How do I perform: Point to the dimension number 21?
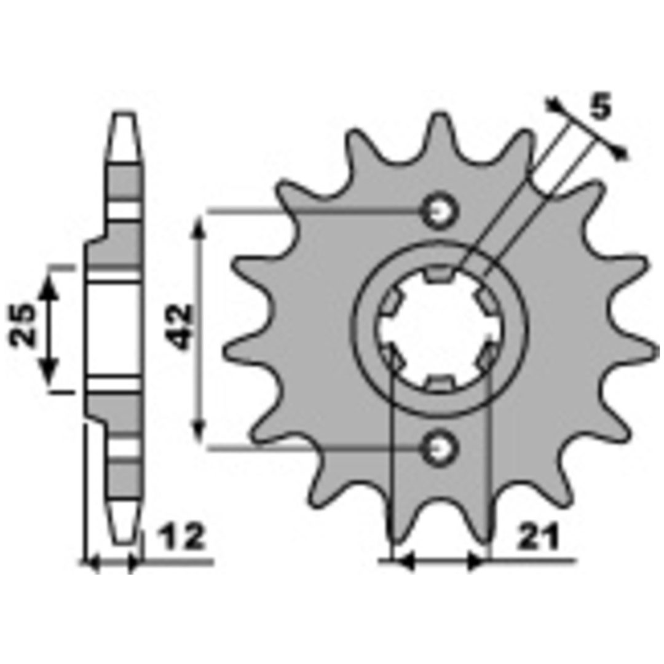tap(538, 538)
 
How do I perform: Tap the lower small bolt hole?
tap(440, 448)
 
